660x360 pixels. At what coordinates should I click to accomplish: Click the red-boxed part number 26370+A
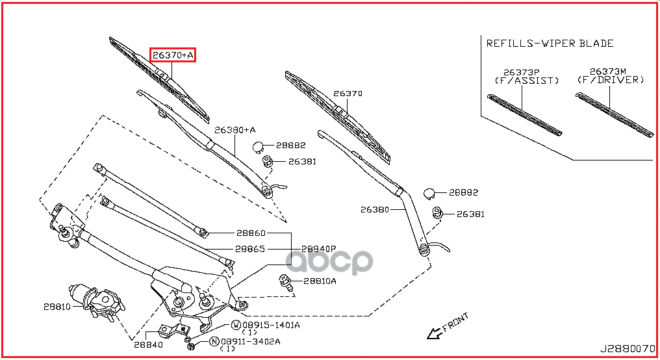173,55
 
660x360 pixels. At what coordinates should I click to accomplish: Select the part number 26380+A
235,130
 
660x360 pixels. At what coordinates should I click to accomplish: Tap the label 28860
251,233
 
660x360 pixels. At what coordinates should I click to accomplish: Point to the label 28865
250,249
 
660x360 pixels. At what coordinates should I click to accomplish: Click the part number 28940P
319,249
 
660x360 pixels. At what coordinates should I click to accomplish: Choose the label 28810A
320,281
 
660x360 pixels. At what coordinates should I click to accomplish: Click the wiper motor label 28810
57,307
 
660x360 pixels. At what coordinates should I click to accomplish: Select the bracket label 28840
148,345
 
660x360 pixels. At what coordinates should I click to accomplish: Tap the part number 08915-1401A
271,325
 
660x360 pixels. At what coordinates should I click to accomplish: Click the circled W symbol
236,325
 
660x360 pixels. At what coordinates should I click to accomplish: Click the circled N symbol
214,341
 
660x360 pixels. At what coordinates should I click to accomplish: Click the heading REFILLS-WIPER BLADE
550,44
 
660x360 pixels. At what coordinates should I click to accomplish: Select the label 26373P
522,72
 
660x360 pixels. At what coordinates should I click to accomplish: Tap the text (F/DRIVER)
611,79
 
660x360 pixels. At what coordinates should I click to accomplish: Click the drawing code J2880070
628,349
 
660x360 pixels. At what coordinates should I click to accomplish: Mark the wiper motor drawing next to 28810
97,302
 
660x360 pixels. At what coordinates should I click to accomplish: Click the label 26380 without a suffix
375,209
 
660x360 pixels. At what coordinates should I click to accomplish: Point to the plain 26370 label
348,94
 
